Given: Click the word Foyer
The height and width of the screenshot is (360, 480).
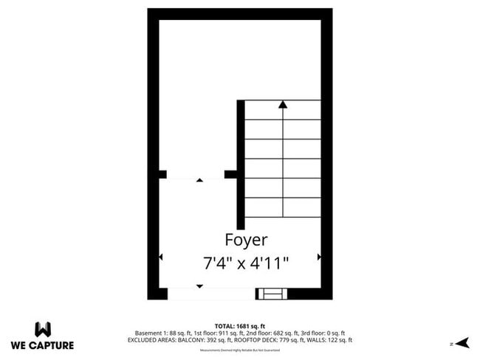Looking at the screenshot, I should coord(246,240).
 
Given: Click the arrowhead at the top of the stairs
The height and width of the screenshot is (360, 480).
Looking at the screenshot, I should coord(282,105).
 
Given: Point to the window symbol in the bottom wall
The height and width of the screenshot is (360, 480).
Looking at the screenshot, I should coord(271,294).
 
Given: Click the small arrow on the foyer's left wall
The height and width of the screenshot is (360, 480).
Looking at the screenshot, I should coord(161,257).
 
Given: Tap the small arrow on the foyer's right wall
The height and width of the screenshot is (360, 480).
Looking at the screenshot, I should coord(319,257).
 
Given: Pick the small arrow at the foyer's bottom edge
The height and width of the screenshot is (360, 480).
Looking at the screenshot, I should coord(199,285).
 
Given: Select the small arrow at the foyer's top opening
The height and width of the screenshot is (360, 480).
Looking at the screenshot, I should coord(199,180).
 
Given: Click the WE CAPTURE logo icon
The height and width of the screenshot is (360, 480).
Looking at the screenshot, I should coord(42,328).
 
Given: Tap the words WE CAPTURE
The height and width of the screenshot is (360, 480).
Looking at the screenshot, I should coord(42,345).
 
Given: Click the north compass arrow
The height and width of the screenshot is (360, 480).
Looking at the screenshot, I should coord(464,342).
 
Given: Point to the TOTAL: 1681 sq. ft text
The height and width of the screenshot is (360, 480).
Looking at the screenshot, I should coord(240,325).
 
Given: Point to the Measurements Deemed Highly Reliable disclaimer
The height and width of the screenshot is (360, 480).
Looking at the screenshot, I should coord(240,350).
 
